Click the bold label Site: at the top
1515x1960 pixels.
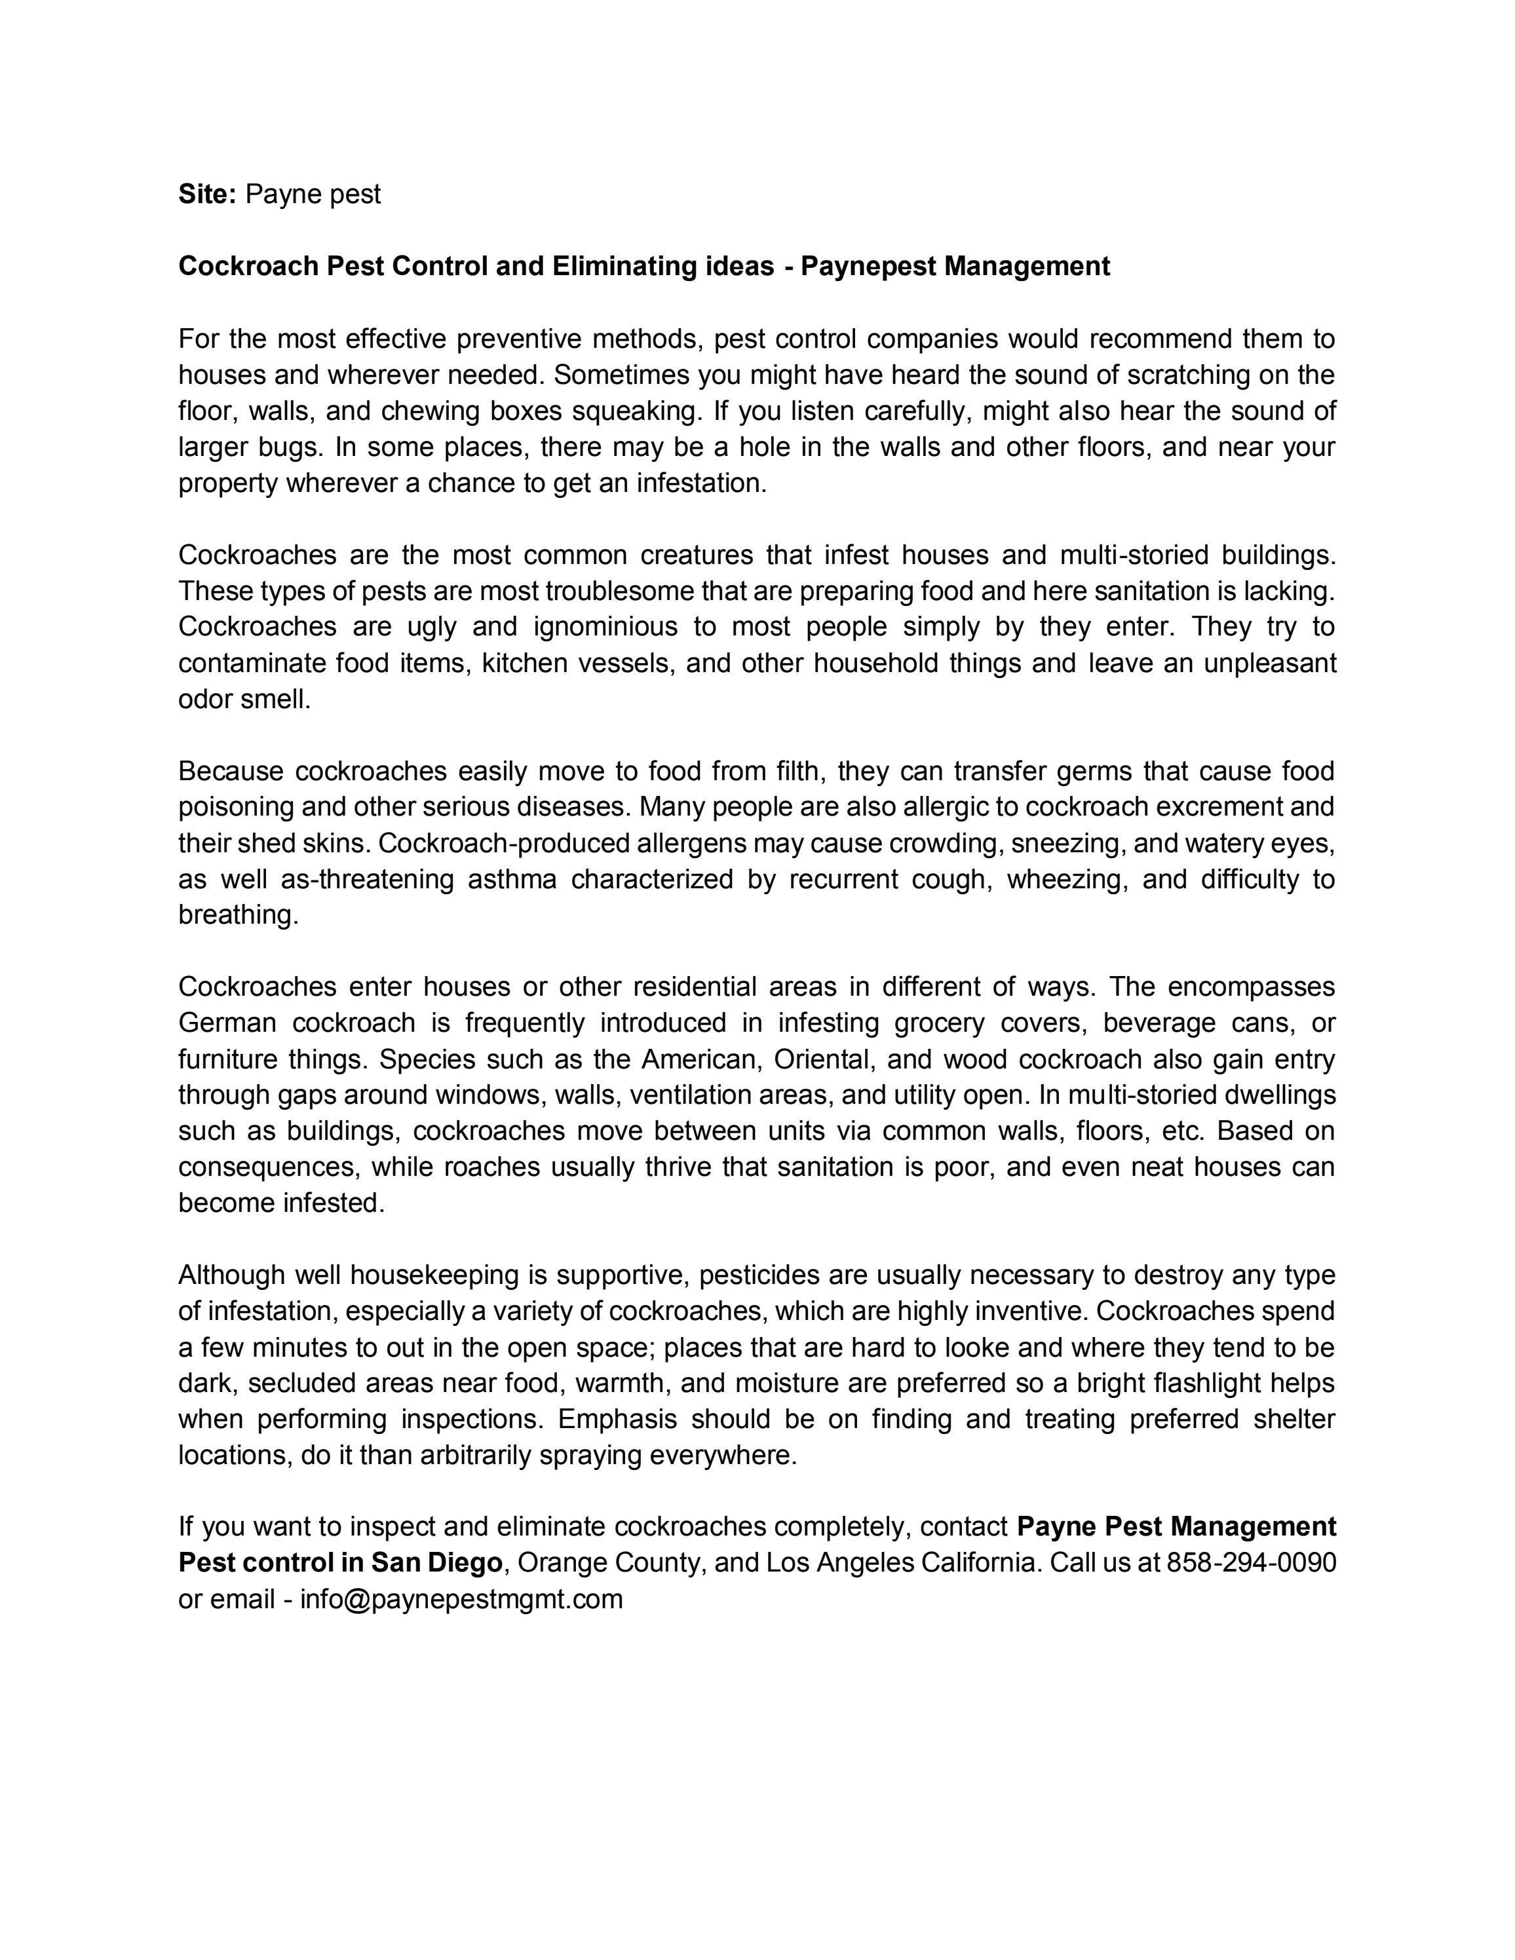[206, 194]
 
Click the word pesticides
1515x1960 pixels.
[758, 1275]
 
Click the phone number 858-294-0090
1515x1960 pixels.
[1251, 1563]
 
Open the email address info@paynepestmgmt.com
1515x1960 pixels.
[461, 1599]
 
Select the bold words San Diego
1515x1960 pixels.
[437, 1563]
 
